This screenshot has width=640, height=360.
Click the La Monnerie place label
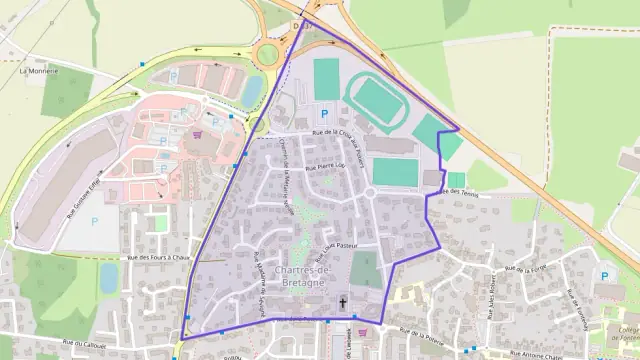[38, 72]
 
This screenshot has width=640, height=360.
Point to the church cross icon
[343, 301]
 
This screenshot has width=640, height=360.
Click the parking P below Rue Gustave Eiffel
[95, 222]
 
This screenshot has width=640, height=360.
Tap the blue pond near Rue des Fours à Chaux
[109, 277]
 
